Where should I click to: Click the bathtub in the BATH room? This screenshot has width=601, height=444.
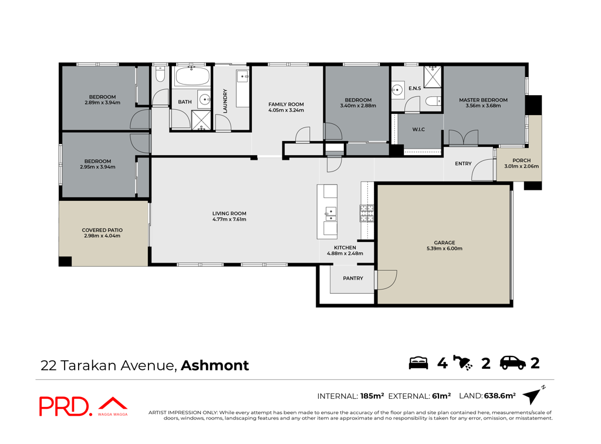tap(192, 76)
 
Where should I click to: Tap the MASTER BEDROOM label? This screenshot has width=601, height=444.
tap(483, 100)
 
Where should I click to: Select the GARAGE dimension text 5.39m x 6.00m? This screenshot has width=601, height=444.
tap(444, 248)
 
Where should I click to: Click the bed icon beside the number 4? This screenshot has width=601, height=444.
tap(418, 363)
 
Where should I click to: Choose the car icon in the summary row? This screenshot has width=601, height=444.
tap(513, 363)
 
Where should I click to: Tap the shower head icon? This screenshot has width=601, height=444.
tap(462, 363)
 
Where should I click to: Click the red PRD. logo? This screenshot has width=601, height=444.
tap(66, 406)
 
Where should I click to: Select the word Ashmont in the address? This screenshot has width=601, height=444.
tap(215, 365)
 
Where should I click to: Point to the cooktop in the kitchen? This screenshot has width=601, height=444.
tap(367, 213)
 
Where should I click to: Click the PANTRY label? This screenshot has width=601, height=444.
tap(353, 278)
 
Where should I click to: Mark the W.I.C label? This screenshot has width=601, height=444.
tap(418, 130)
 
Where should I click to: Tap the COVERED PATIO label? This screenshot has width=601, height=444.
tap(102, 230)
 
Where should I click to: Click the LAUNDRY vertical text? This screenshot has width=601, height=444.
tap(225, 101)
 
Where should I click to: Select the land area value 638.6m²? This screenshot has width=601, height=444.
tap(500, 395)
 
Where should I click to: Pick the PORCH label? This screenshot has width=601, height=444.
tap(521, 161)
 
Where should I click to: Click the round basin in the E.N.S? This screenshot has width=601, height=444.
tap(397, 90)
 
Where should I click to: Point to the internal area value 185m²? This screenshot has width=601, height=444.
tap(372, 396)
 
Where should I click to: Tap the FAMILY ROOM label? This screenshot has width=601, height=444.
tap(286, 105)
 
